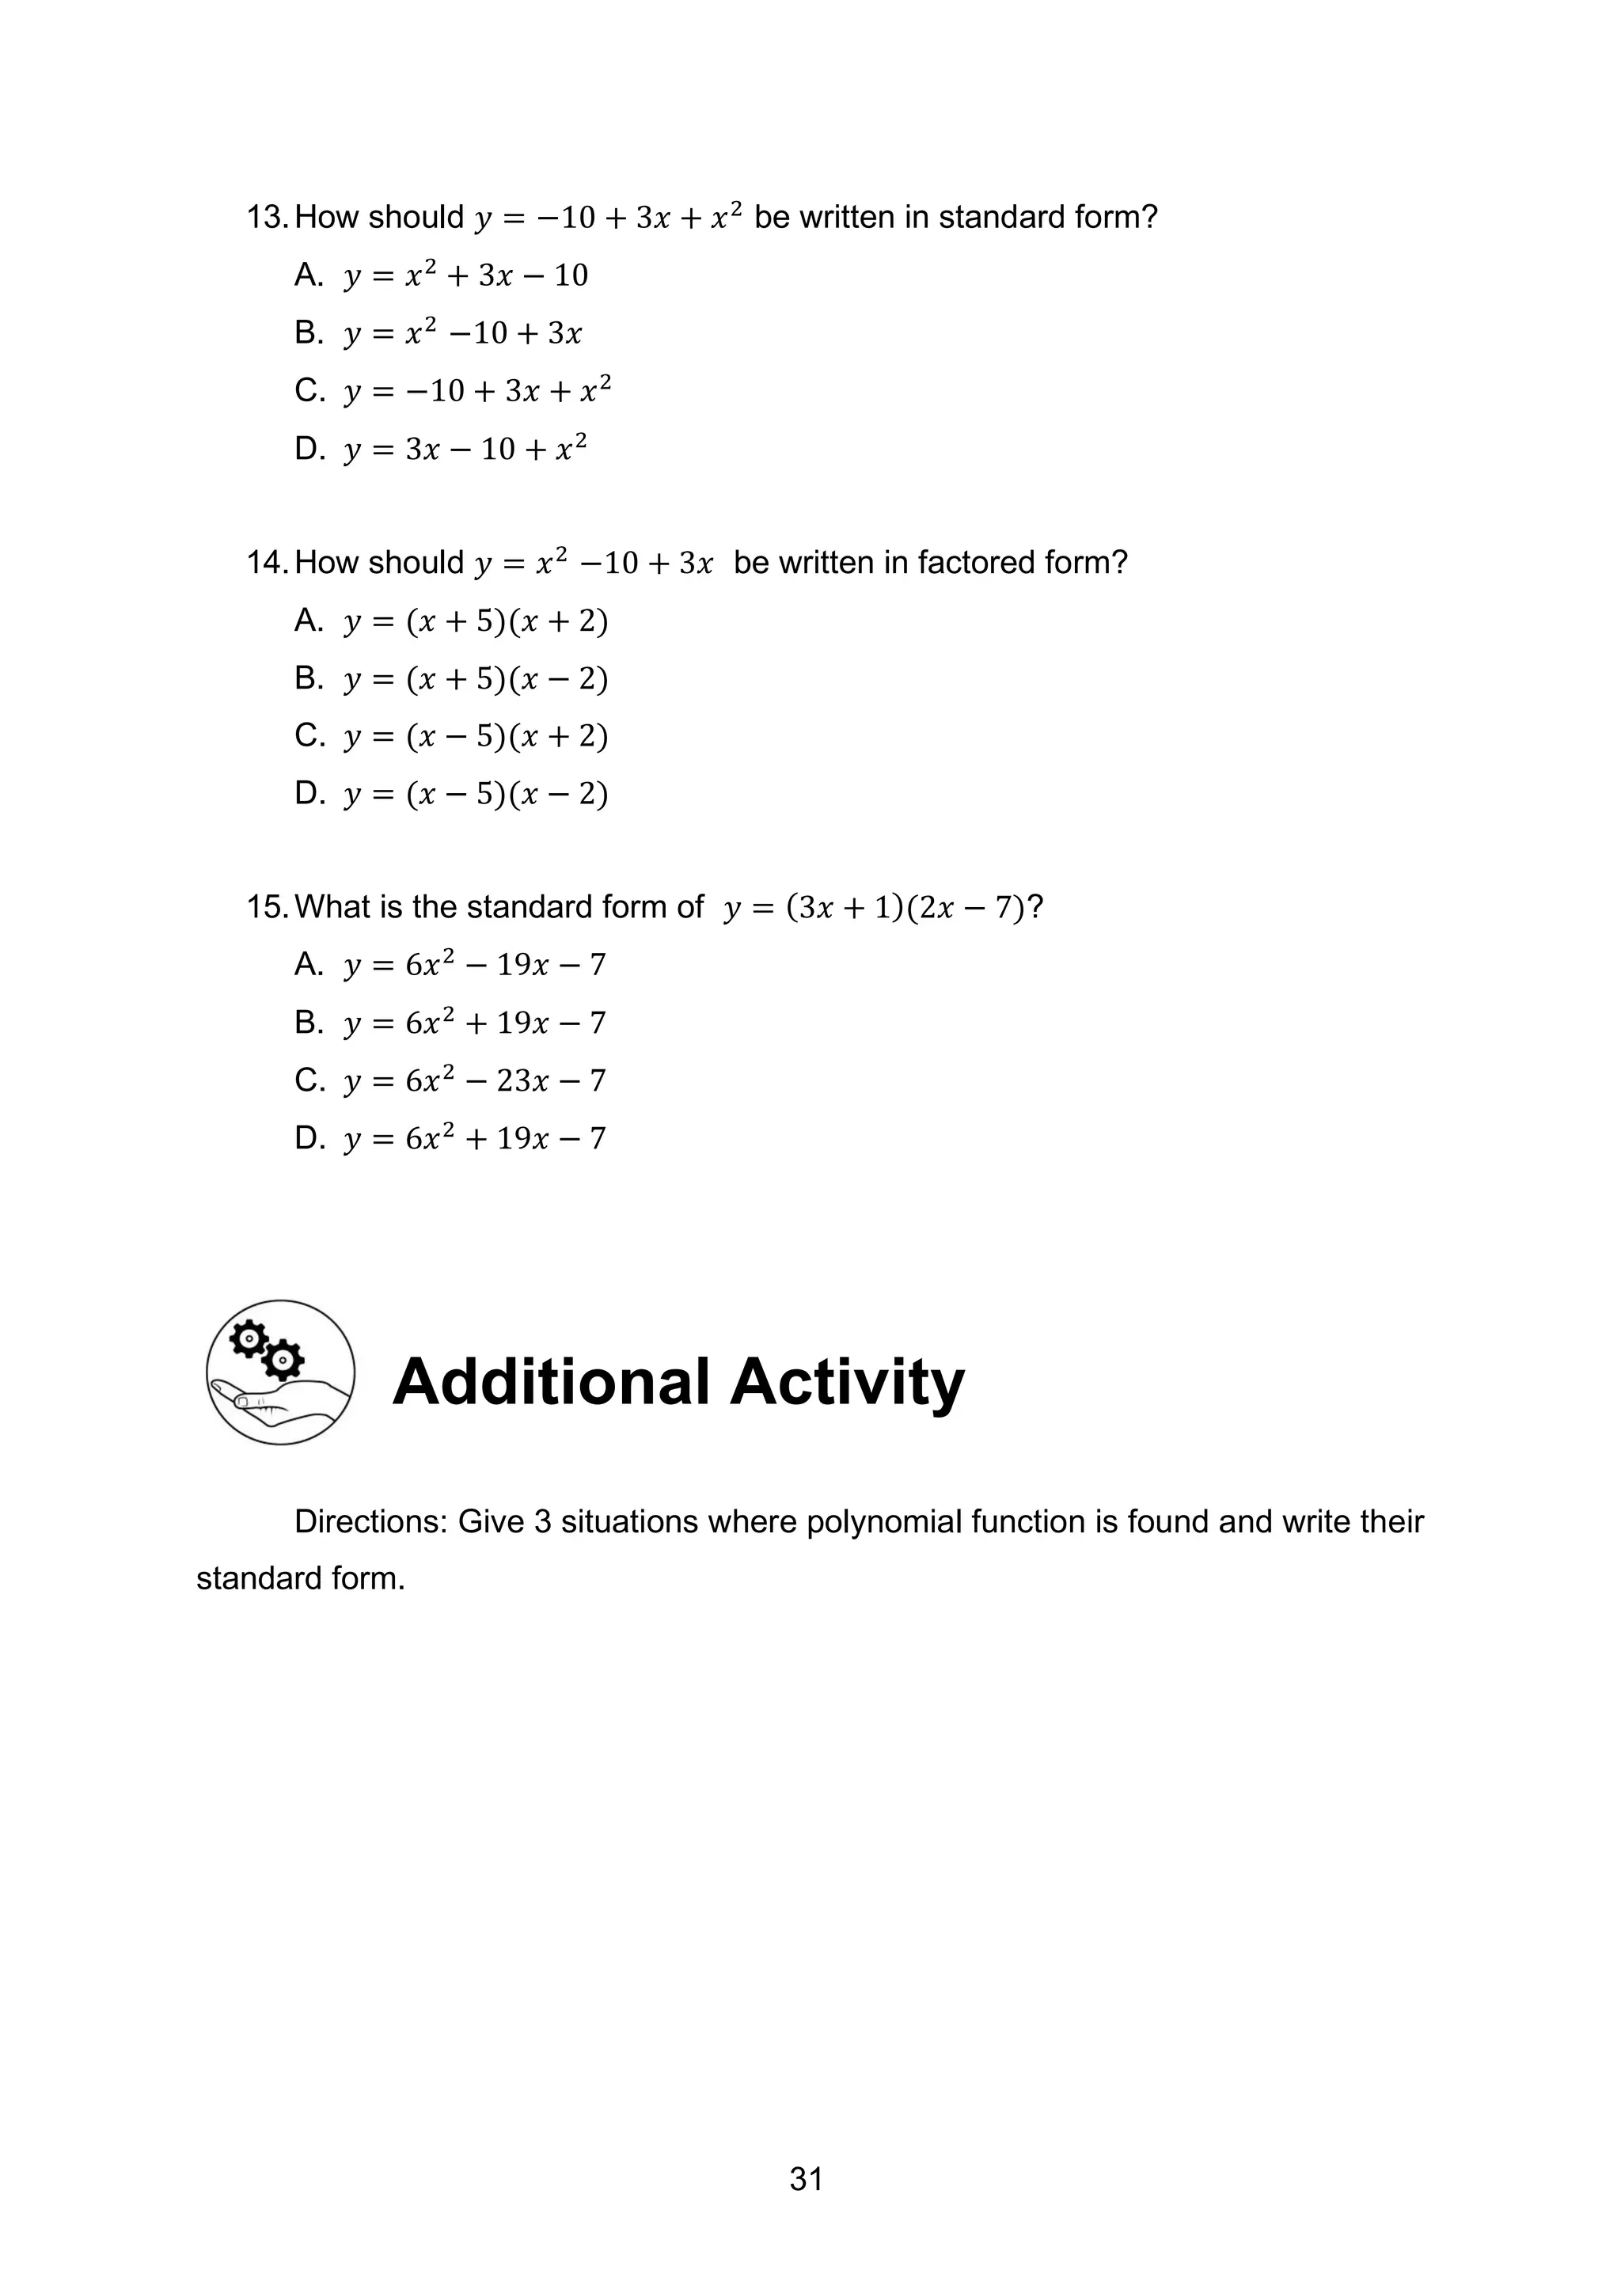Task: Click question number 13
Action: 268,218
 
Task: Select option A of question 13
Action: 465,275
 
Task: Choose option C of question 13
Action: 476,390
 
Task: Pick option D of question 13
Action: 465,449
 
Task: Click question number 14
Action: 268,564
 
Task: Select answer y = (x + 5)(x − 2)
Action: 476,679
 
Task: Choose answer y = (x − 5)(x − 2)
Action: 476,794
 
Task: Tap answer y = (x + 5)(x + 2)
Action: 476,621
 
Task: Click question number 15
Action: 268,907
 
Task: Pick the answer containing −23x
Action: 474,1080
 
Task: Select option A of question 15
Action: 474,965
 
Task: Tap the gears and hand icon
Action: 281,1372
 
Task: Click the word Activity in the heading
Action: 847,1384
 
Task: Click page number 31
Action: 806,2179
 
